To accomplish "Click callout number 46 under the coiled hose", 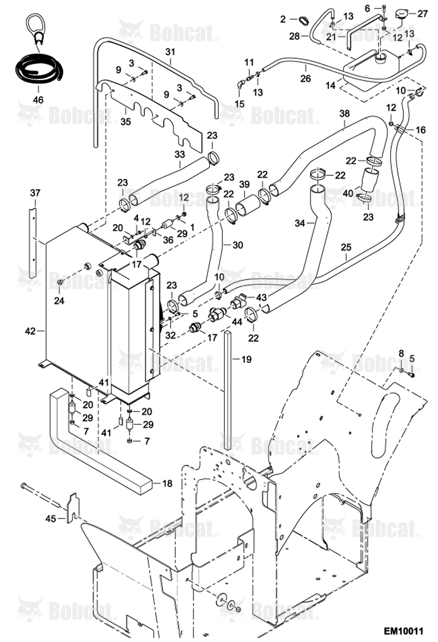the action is (x=38, y=100).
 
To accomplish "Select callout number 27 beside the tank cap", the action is (x=422, y=13).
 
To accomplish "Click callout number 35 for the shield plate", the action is (x=126, y=121).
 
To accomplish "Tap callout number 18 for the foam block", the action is (x=167, y=483).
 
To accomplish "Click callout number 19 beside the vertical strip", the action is (x=246, y=359).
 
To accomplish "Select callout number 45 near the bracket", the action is (x=51, y=519).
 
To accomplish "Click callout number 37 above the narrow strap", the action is (x=35, y=193).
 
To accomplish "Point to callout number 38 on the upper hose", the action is (x=344, y=114).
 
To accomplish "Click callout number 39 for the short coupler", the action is (x=244, y=184).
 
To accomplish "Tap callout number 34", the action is (x=300, y=223).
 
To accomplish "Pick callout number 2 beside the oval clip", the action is (x=283, y=19).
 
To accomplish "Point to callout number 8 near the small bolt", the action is (x=401, y=353).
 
